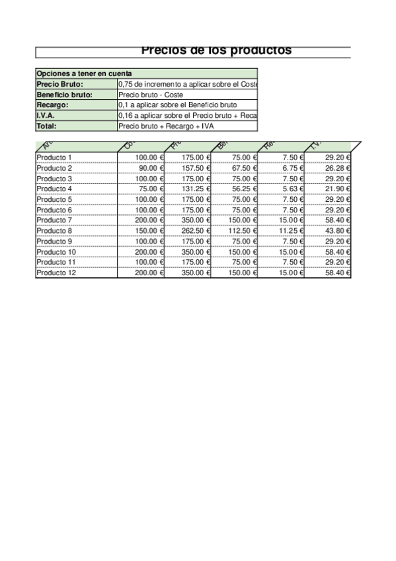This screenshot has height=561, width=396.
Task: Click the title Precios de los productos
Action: click(x=216, y=50)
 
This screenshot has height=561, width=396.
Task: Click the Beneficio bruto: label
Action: click(x=64, y=95)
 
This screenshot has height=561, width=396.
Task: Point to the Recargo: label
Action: click(x=52, y=105)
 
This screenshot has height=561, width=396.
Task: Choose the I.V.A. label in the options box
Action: click(x=46, y=116)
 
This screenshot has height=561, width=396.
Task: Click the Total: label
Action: click(x=47, y=126)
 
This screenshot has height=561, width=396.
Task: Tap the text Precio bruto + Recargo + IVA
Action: click(x=165, y=126)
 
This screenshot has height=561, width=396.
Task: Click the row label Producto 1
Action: click(x=54, y=157)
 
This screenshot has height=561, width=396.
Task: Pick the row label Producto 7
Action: click(x=54, y=220)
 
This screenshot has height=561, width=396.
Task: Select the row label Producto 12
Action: click(x=56, y=273)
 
